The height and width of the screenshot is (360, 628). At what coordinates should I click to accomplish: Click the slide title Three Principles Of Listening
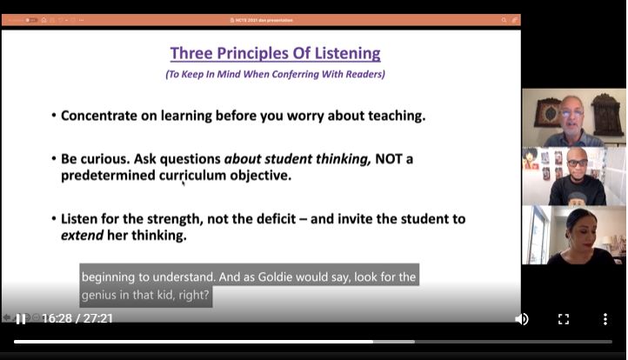275,53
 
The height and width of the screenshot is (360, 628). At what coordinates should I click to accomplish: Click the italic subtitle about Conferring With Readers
275,75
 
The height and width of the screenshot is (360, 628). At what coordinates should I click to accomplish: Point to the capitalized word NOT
390,159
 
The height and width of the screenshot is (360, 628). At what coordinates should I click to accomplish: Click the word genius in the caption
103,296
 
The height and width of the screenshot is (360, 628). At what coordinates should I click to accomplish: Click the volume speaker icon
521,319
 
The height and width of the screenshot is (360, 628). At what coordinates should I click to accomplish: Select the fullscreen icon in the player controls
563,319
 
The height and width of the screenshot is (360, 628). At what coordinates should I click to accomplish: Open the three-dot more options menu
605,319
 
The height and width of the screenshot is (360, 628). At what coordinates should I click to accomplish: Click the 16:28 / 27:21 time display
77,319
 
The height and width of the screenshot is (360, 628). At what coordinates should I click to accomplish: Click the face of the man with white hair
571,114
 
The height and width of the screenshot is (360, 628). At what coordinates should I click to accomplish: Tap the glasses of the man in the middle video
576,163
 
